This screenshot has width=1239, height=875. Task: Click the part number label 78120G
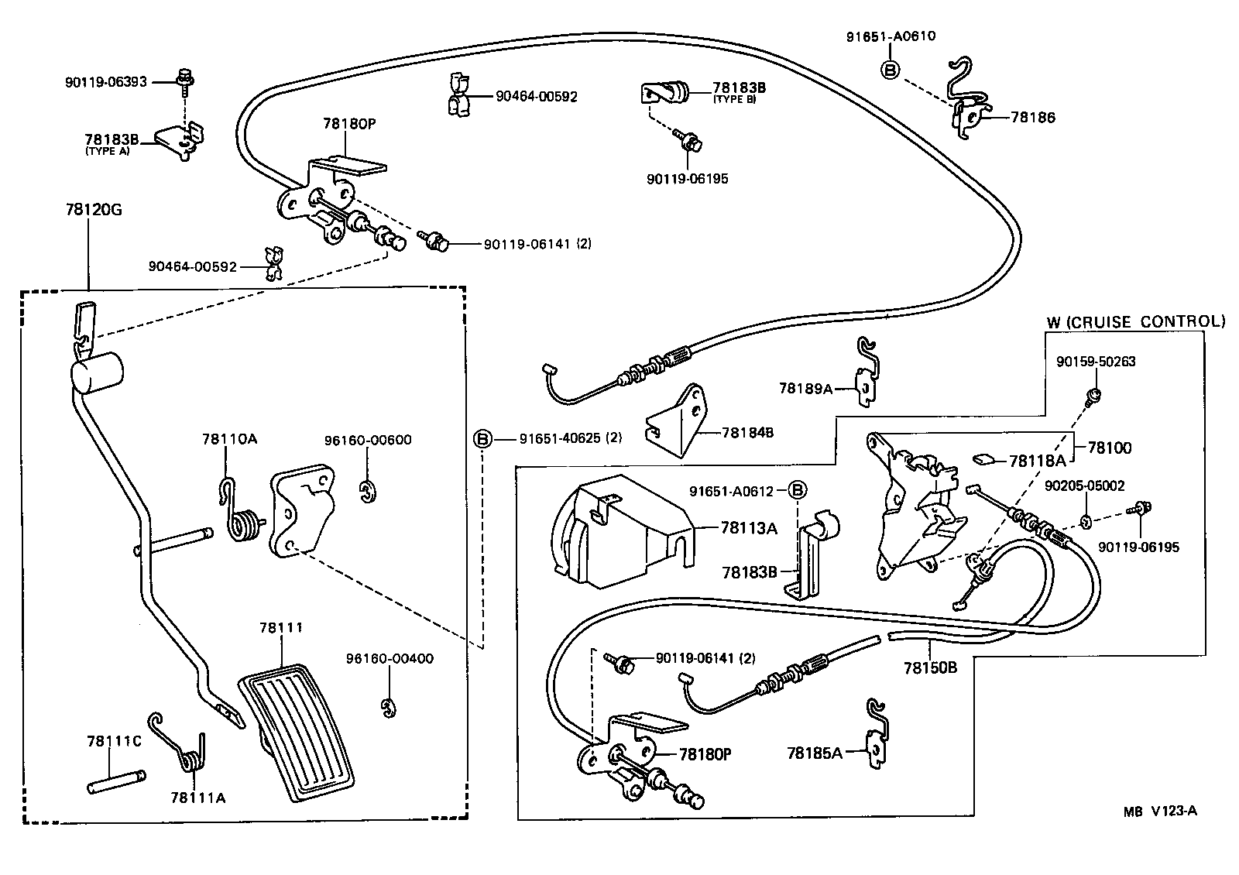click(x=88, y=209)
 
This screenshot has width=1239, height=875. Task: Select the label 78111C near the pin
click(x=114, y=741)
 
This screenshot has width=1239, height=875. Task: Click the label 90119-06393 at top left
click(x=106, y=81)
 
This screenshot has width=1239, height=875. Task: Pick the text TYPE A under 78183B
click(x=108, y=152)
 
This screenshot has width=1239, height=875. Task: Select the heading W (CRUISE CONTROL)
click(x=1135, y=321)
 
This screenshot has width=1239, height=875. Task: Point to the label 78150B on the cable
click(x=930, y=667)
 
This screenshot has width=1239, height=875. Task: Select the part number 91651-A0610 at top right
click(x=890, y=36)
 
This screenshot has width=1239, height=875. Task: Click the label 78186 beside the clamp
click(x=1032, y=118)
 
